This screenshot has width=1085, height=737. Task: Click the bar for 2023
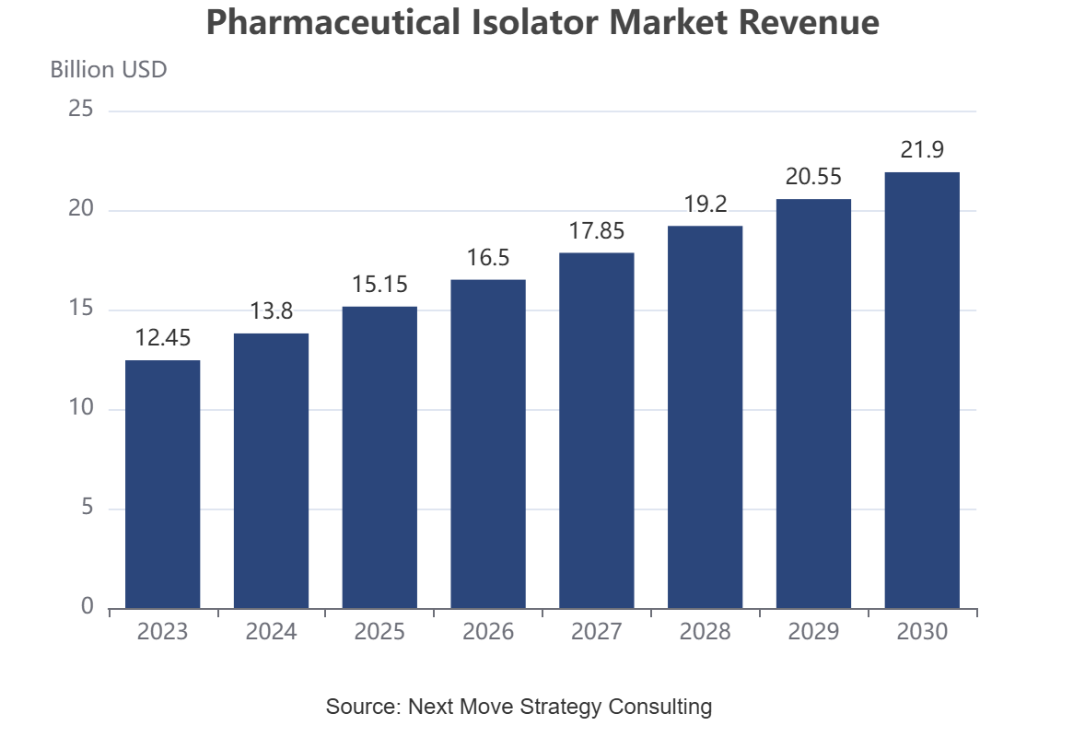pyautogui.click(x=163, y=485)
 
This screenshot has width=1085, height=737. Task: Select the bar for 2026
pyautogui.click(x=488, y=444)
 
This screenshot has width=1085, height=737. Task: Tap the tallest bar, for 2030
pyautogui.click(x=922, y=391)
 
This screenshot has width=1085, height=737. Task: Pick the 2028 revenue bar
pyautogui.click(x=706, y=417)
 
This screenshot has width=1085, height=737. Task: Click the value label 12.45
pyautogui.click(x=163, y=338)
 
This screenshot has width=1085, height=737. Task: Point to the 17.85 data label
pyautogui.click(x=597, y=230)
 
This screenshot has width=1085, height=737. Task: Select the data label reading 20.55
pyautogui.click(x=814, y=177)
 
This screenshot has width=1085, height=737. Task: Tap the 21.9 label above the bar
pyautogui.click(x=922, y=149)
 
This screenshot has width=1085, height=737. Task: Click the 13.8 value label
pyautogui.click(x=271, y=310)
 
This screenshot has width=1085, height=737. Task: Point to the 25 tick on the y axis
pyautogui.click(x=81, y=109)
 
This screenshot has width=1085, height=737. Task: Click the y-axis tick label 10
pyautogui.click(x=81, y=407)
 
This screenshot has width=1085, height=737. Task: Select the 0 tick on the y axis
pyautogui.click(x=87, y=606)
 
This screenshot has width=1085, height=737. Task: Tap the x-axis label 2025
pyautogui.click(x=379, y=631)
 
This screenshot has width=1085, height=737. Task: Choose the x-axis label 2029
pyautogui.click(x=814, y=631)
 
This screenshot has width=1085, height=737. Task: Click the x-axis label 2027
pyautogui.click(x=597, y=631)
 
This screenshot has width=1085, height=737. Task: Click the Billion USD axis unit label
pyautogui.click(x=109, y=69)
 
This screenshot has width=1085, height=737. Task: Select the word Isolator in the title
pyautogui.click(x=535, y=21)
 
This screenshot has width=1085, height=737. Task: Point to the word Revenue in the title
pyautogui.click(x=811, y=21)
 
